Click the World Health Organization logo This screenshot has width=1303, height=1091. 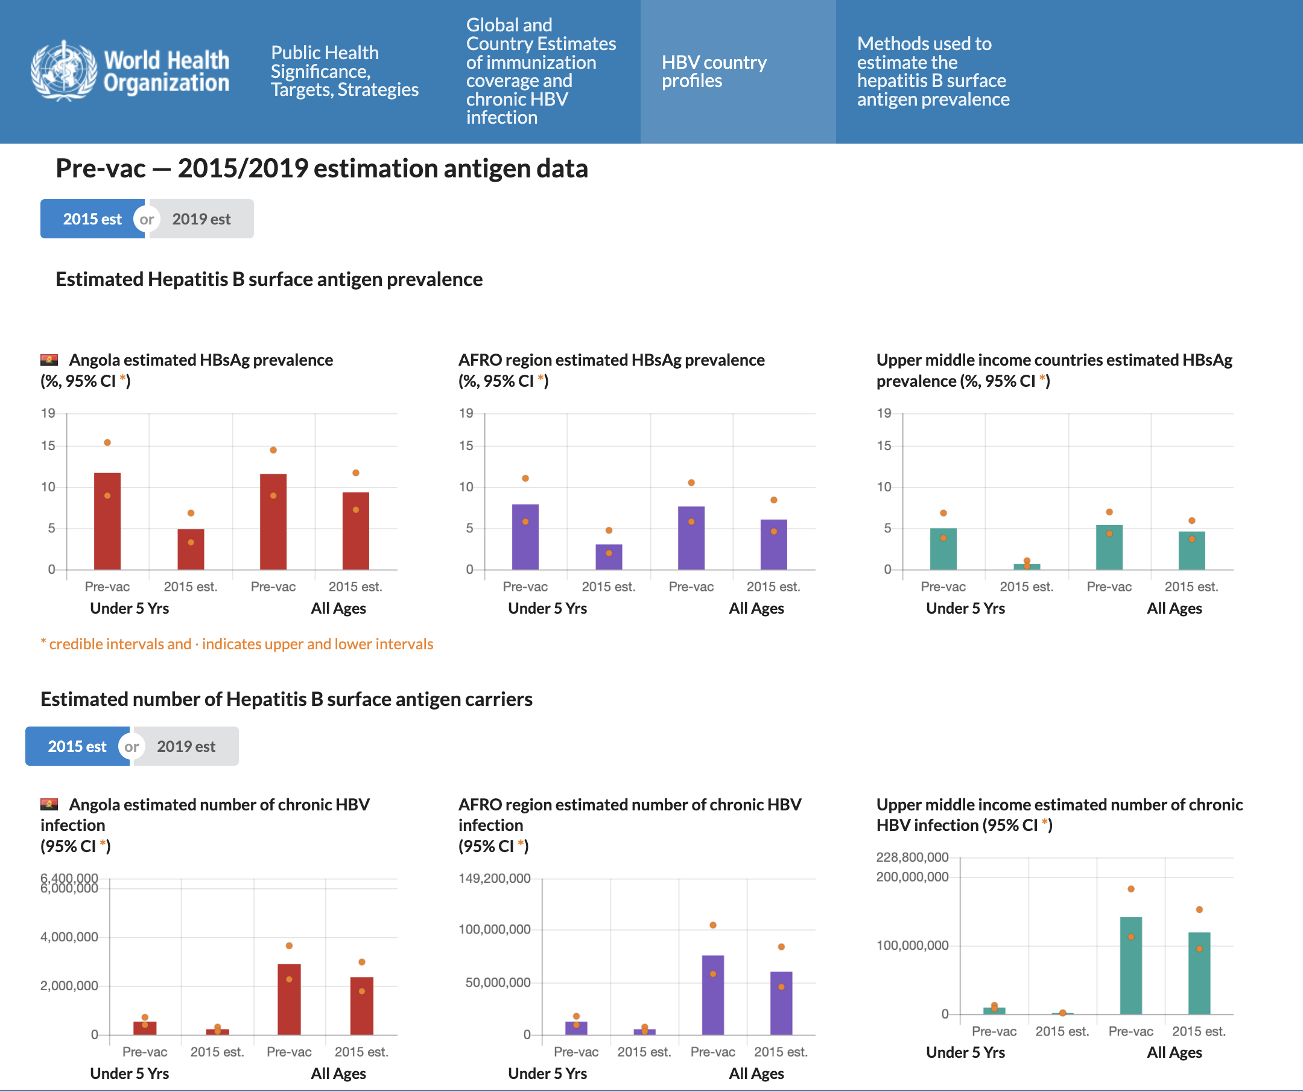[130, 71]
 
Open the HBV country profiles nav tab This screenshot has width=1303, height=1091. [714, 71]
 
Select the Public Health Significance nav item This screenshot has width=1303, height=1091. [344, 71]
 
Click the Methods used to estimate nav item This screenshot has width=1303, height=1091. [933, 71]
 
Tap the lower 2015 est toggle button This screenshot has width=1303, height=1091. [77, 746]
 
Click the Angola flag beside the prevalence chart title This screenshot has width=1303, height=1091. [49, 360]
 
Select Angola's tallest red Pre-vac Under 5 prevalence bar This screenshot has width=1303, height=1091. [107, 521]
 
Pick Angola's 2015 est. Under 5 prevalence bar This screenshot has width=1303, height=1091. [191, 549]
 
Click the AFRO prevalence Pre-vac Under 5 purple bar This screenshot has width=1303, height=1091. [525, 537]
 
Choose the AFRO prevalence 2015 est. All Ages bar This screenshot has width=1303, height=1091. [774, 544]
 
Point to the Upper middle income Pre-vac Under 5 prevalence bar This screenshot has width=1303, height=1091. [943, 549]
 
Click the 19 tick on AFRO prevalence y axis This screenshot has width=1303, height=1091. [466, 413]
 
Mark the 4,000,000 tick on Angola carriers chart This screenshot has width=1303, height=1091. [69, 937]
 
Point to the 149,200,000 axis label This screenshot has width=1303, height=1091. [495, 878]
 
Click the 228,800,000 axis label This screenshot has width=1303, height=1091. [912, 857]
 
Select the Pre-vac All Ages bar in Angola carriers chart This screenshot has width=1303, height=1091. [289, 999]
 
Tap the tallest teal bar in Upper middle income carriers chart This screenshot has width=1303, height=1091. [1130, 965]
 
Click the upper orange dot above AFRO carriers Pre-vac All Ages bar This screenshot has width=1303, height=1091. [713, 924]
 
